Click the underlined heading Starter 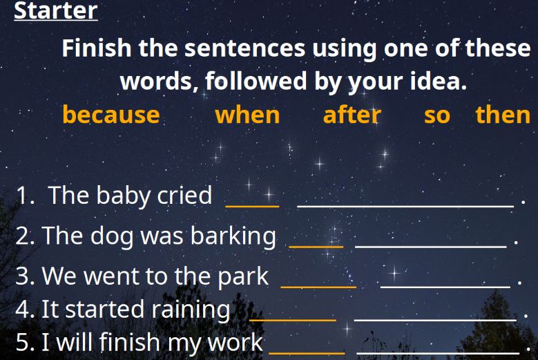click(x=55, y=10)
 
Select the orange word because click(x=111, y=114)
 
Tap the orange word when click(x=247, y=115)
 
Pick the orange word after click(x=352, y=114)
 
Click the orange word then click(x=503, y=114)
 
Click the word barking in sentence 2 click(x=233, y=236)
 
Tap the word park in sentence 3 click(x=243, y=276)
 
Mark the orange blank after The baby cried click(x=253, y=206)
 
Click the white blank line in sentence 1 click(x=405, y=206)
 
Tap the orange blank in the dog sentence click(x=316, y=246)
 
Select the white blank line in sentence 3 click(x=445, y=287)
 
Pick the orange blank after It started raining click(x=293, y=320)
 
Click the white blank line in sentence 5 click(x=438, y=352)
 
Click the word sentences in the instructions click(x=244, y=48)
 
